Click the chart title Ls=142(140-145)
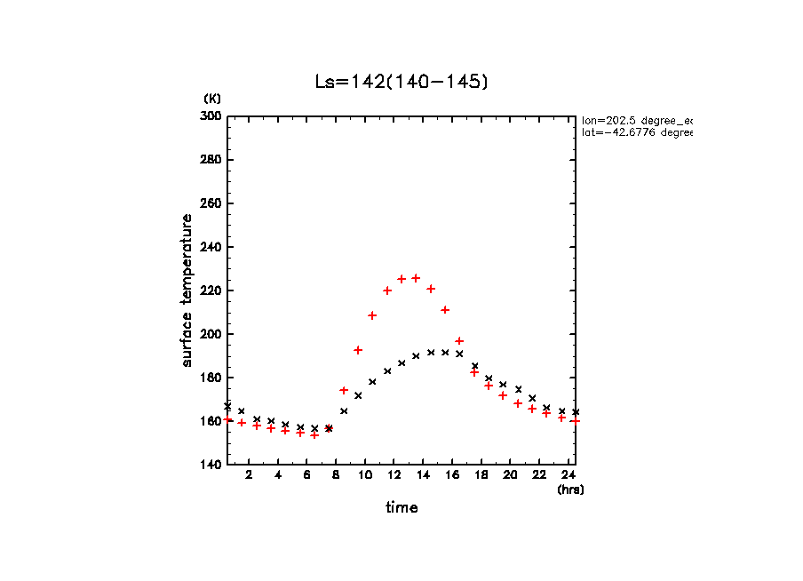401,82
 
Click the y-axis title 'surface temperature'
187,290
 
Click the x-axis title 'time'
401,508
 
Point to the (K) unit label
212,98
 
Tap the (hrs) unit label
570,489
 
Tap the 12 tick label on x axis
394,475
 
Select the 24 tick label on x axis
568,475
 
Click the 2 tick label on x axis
249,475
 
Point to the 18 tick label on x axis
481,475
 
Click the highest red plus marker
416,278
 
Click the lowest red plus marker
314,434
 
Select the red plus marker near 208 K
372,315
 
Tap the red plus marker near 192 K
358,350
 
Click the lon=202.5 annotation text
636,120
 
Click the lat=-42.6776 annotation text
636,132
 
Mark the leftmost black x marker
227,405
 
